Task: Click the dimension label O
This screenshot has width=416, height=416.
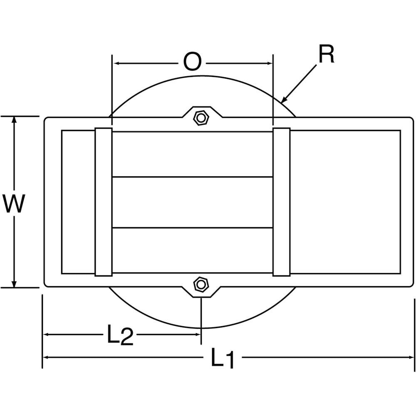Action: tap(192, 63)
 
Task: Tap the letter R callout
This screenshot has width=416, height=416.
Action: tap(327, 54)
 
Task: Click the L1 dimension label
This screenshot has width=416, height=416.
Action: tap(223, 358)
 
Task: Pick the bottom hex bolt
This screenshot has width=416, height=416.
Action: tap(201, 285)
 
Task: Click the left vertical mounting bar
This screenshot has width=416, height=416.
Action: tap(104, 202)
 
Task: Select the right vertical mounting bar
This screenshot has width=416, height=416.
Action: tap(281, 202)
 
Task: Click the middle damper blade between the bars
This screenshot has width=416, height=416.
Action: tap(192, 202)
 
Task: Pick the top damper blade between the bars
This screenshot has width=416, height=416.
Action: tap(192, 154)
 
